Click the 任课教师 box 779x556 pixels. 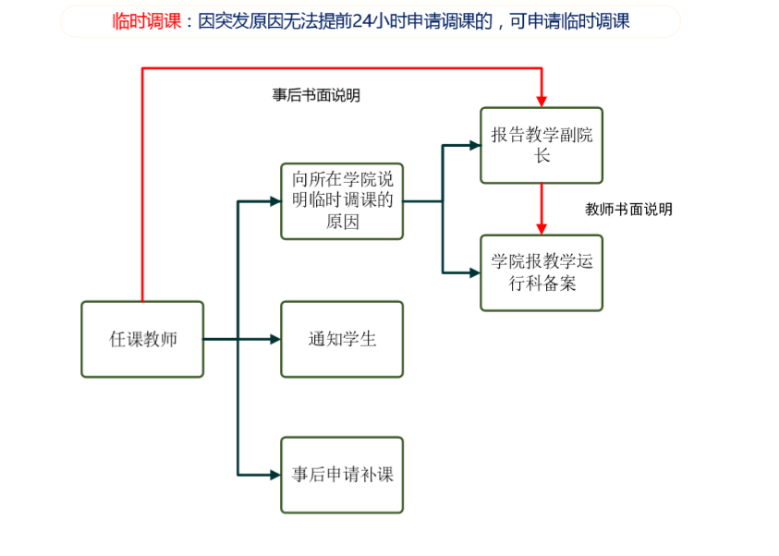pyautogui.click(x=142, y=339)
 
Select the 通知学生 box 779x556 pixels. pyautogui.click(x=342, y=339)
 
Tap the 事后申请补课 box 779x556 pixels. pyautogui.click(x=342, y=475)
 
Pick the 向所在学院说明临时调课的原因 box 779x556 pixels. pyautogui.click(x=342, y=200)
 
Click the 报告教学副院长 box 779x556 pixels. pyautogui.click(x=542, y=145)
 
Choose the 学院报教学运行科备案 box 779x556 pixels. pyautogui.click(x=542, y=272)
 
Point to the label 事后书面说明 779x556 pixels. pyautogui.click(x=316, y=95)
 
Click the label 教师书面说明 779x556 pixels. pyautogui.click(x=628, y=210)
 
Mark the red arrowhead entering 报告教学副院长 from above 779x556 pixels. pyautogui.click(x=542, y=101)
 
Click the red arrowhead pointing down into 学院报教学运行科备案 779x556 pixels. pyautogui.click(x=542, y=228)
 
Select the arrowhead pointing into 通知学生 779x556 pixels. pyautogui.click(x=274, y=339)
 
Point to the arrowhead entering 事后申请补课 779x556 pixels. pyautogui.click(x=274, y=475)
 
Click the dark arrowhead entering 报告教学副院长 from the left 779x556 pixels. pyautogui.click(x=474, y=145)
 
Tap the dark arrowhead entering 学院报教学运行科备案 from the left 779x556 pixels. pyautogui.click(x=474, y=272)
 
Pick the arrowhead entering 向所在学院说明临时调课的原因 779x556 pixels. pyautogui.click(x=274, y=200)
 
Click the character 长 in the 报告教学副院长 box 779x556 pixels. pyautogui.click(x=542, y=156)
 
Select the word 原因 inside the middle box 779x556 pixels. pyautogui.click(x=342, y=223)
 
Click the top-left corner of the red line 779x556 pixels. pyautogui.click(x=142, y=68)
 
